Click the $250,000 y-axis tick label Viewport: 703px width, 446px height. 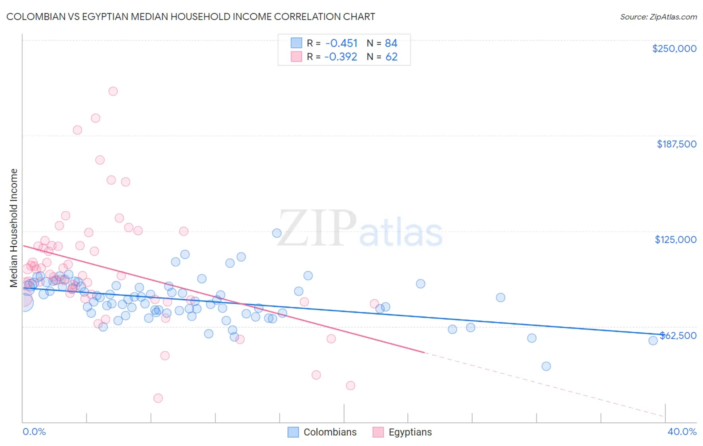coord(674,48)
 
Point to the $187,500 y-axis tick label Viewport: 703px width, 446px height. coord(676,144)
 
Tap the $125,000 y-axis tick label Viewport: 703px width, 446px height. coord(675,239)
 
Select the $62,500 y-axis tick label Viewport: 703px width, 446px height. coord(678,335)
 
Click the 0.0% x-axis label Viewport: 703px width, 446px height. coord(34,431)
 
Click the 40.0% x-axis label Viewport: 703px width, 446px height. coord(682,431)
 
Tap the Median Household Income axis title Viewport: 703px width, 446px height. coord(14,228)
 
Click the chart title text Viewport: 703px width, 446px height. coord(190,16)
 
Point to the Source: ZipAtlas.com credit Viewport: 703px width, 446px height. coord(658,16)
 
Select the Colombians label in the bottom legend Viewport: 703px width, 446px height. coord(330,432)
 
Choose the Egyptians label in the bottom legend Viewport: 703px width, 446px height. coord(410,432)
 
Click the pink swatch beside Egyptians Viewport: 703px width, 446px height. coord(378,432)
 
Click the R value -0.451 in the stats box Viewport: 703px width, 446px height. coord(341,43)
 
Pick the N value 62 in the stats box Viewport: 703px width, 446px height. coord(391,56)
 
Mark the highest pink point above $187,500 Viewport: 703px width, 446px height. coord(113,91)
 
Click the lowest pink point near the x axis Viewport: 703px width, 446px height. coord(158,398)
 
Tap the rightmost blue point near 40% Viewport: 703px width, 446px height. coord(653,340)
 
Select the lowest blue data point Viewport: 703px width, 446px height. coord(546,366)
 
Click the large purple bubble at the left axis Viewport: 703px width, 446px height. coord(23,301)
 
